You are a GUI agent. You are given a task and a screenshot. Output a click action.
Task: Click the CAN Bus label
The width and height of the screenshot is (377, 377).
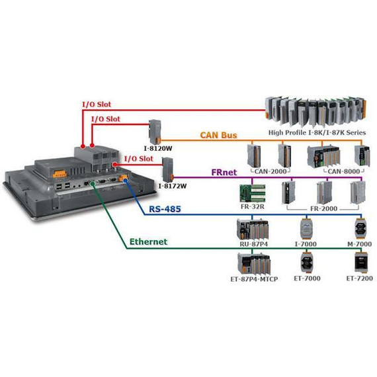point(218,136)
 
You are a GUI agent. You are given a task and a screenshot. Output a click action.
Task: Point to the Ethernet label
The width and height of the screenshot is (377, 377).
point(147,242)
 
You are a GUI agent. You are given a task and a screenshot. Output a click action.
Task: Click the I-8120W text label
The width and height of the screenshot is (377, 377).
point(156,148)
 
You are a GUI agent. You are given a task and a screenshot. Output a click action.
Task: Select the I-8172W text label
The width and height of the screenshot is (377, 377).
point(173,187)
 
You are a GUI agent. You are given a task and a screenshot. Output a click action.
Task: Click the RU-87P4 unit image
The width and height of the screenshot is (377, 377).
point(253,229)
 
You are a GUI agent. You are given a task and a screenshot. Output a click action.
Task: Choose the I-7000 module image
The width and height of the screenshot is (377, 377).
point(307,226)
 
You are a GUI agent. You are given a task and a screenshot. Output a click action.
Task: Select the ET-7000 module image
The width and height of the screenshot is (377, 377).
point(307,263)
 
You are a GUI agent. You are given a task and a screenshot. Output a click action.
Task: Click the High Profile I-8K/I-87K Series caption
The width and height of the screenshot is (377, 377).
point(317,132)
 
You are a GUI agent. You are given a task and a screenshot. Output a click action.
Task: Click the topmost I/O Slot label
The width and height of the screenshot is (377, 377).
point(97,105)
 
